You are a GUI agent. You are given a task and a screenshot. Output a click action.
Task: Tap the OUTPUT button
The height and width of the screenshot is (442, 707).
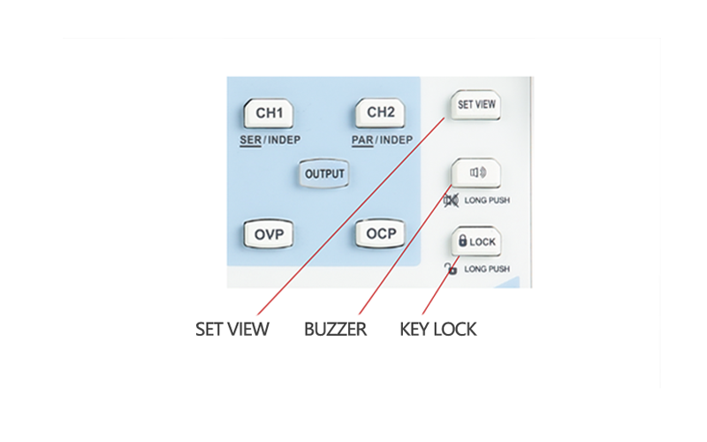coord(324,174)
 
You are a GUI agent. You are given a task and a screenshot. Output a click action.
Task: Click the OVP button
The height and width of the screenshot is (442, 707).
coord(269,234)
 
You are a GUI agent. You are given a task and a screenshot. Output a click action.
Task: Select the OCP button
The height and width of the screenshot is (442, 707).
coord(382,234)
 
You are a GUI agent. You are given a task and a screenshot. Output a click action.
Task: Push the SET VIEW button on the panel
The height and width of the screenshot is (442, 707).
coord(476,104)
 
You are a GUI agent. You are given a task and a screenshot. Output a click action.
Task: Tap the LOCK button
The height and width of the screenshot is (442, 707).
coord(476,241)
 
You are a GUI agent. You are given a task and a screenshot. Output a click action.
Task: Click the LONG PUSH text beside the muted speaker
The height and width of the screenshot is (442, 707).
coord(487,201)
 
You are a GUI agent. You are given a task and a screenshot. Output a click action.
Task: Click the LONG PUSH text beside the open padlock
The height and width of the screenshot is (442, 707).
coord(487,268)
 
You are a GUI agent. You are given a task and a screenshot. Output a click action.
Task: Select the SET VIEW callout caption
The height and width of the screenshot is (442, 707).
coord(232,330)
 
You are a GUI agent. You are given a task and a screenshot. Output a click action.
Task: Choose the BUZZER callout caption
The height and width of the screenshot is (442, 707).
coord(335,330)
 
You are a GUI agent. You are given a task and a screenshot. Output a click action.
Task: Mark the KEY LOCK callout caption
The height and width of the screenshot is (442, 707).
coord(438,330)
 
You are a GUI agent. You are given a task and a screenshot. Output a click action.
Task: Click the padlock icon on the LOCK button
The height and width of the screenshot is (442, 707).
coord(462,240)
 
